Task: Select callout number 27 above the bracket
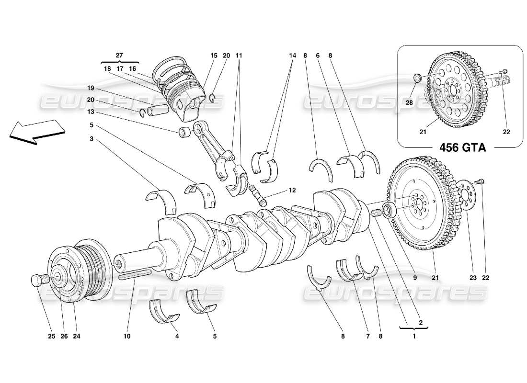119,56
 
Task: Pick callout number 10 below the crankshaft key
126,337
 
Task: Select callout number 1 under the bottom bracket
414,337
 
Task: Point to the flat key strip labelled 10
135,273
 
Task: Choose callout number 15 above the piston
213,56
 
